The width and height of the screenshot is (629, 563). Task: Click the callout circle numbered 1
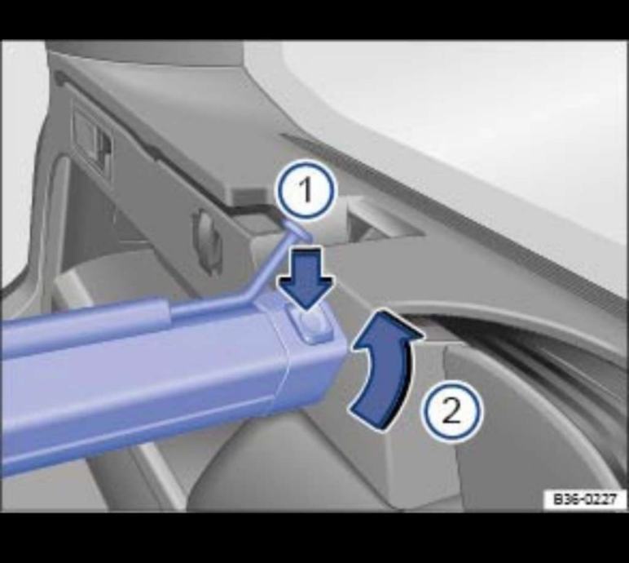point(306,189)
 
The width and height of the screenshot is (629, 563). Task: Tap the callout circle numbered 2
point(451,411)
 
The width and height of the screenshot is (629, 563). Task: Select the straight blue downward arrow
point(306,277)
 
